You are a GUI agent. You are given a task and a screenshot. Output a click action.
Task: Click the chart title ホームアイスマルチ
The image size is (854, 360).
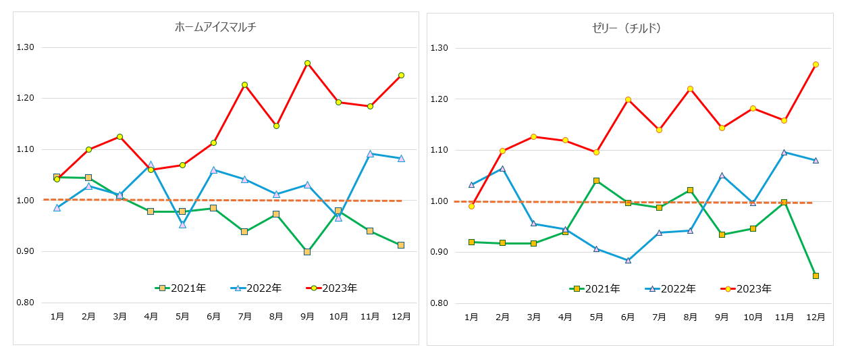point(215,28)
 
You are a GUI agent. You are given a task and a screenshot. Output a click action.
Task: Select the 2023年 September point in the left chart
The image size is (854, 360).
point(307,63)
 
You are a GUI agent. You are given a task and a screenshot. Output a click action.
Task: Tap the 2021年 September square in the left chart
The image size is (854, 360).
point(307,252)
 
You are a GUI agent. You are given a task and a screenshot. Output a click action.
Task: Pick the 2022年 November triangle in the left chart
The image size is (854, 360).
point(370,154)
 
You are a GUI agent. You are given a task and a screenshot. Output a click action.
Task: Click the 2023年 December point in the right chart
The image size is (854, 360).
point(816,65)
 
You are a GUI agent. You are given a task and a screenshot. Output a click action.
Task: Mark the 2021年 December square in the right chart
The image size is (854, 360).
point(816,276)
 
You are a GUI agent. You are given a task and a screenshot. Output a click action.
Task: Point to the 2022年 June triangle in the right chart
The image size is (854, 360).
point(628,260)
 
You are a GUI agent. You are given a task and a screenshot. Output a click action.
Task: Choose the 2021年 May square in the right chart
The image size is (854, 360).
point(597,181)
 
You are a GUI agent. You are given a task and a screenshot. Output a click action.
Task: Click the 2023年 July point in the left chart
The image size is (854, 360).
point(244,84)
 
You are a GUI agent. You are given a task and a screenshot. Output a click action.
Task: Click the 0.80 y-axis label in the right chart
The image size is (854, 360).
point(440,303)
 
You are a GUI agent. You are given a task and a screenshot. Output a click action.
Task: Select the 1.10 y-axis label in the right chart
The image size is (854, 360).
point(440,150)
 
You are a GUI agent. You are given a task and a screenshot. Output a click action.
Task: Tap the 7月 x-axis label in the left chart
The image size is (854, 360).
point(244,316)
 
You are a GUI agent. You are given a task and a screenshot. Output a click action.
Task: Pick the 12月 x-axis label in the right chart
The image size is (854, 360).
point(816,317)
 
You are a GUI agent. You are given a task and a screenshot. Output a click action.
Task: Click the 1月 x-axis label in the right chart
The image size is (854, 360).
point(471,317)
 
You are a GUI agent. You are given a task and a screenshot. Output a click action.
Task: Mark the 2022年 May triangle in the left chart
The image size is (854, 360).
point(182,224)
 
